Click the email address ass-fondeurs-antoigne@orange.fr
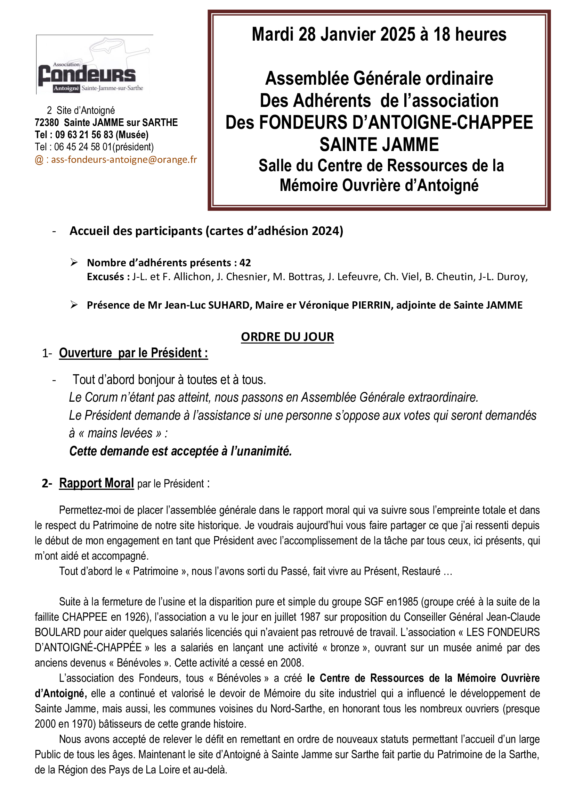(x=123, y=159)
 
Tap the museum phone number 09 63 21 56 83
(x=84, y=135)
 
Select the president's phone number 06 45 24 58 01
(x=83, y=147)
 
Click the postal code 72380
(x=47, y=123)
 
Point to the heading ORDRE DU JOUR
(x=287, y=337)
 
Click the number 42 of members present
(x=245, y=263)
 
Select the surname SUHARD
(x=230, y=305)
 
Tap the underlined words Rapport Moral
(x=96, y=483)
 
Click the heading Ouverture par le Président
(x=133, y=353)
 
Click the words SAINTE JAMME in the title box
(x=379, y=145)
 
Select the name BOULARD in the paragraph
(x=57, y=632)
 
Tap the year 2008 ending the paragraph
(x=292, y=663)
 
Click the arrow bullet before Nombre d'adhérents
(x=74, y=262)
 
